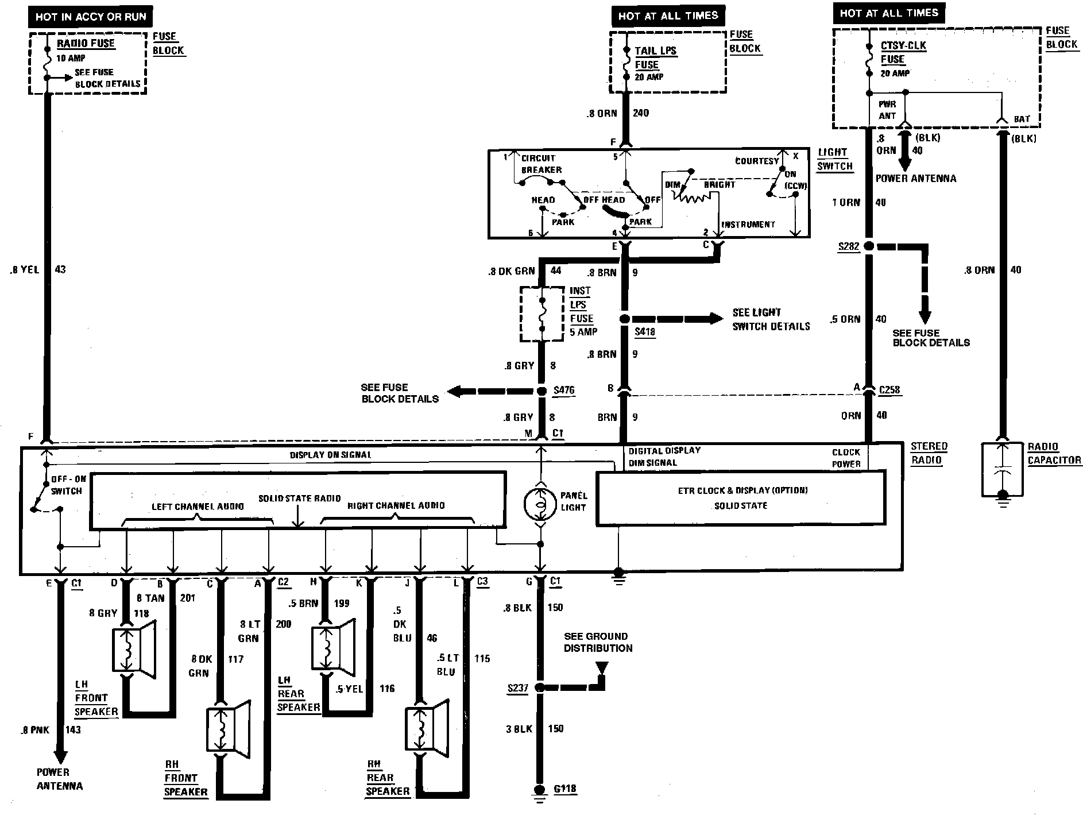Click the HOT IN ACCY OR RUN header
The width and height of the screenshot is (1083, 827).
click(x=91, y=17)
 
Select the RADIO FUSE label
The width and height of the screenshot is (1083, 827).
click(x=86, y=44)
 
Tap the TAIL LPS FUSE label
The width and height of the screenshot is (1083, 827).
click(x=655, y=57)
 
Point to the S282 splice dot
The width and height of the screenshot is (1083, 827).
click(x=869, y=246)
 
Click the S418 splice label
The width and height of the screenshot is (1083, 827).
click(x=645, y=332)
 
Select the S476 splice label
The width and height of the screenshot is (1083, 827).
click(x=563, y=391)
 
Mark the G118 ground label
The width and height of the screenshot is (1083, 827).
click(x=564, y=789)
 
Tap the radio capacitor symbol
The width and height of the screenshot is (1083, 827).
click(x=1002, y=469)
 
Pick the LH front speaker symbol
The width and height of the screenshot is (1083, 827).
click(x=133, y=650)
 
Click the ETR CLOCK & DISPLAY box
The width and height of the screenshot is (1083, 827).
click(x=741, y=498)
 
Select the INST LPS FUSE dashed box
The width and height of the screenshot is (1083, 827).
click(x=541, y=314)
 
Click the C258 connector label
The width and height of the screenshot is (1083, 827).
click(x=889, y=390)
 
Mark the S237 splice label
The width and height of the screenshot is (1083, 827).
click(x=517, y=687)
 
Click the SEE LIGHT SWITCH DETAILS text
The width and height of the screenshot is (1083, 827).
click(x=771, y=319)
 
